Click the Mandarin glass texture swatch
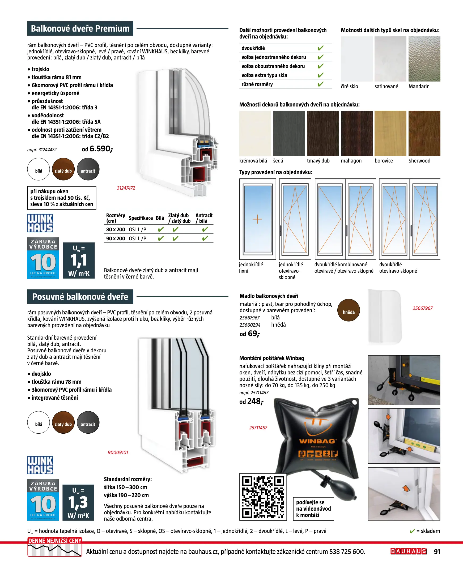pyautogui.click(x=424, y=59)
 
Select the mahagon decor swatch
pyautogui.click(x=356, y=133)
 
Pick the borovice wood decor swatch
pyautogui.click(x=390, y=133)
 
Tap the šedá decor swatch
pyautogui.click(x=288, y=133)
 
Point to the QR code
pyautogui.click(x=263, y=497)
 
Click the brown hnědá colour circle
pyautogui.click(x=349, y=310)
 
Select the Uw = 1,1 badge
pyautogui.click(x=79, y=260)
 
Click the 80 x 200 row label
pyautogui.click(x=116, y=229)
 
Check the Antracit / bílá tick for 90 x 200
pyautogui.click(x=205, y=238)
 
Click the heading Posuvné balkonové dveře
pyautogui.click(x=80, y=297)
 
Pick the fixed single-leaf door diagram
pyautogui.click(x=257, y=219)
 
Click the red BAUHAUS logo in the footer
pyautogui.click(x=408, y=551)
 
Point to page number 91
pyautogui.click(x=437, y=552)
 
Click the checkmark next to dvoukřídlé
pyautogui.click(x=320, y=48)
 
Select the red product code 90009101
pyautogui.click(x=118, y=452)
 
